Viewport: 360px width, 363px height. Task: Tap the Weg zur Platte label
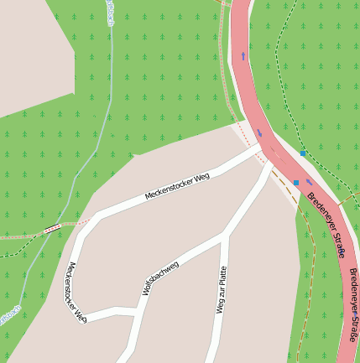click(x=222, y=289)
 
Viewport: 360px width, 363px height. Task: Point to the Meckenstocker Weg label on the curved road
click(x=75, y=293)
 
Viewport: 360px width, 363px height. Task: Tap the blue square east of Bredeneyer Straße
click(x=303, y=153)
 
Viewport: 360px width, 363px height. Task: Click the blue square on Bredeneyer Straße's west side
click(x=296, y=182)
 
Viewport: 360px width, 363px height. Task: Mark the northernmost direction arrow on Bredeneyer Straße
click(x=243, y=56)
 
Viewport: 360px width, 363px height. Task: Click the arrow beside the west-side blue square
click(x=308, y=181)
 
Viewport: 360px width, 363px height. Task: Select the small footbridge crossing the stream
click(x=53, y=227)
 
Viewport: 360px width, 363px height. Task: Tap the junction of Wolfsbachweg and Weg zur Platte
click(x=225, y=237)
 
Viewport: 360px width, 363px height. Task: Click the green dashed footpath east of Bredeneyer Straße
click(x=285, y=101)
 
